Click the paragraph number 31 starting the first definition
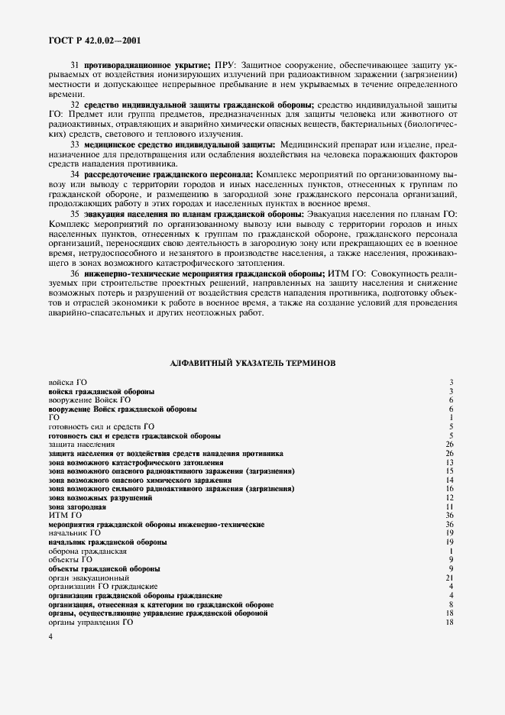point(75,65)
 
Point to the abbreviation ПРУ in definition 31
point(226,65)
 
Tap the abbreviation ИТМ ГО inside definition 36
point(346,273)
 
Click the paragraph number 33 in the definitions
point(75,144)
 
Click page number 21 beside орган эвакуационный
point(451,577)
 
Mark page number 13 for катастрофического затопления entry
point(451,463)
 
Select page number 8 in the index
point(452,604)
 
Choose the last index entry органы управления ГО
point(91,622)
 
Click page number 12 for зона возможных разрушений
point(451,498)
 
